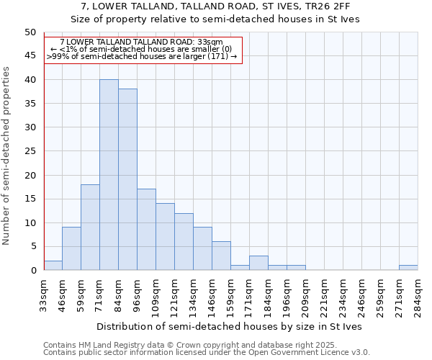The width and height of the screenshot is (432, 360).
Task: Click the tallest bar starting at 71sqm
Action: click(x=109, y=175)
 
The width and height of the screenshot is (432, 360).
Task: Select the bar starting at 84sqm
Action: click(x=127, y=180)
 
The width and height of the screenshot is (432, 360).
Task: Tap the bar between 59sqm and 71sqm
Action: click(x=90, y=228)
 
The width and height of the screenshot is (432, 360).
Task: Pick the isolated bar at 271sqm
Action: click(x=408, y=268)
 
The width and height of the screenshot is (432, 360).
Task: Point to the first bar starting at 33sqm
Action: click(x=53, y=266)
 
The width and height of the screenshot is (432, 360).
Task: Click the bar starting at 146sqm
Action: click(x=221, y=256)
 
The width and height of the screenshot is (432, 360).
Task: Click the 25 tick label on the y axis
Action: click(x=30, y=151)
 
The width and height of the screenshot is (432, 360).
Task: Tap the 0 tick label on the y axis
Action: click(x=32, y=271)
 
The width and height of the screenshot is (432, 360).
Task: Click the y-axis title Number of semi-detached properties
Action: click(x=7, y=156)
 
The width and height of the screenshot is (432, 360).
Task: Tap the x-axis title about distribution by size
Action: click(x=230, y=326)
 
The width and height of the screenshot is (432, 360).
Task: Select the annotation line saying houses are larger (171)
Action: click(x=142, y=56)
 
